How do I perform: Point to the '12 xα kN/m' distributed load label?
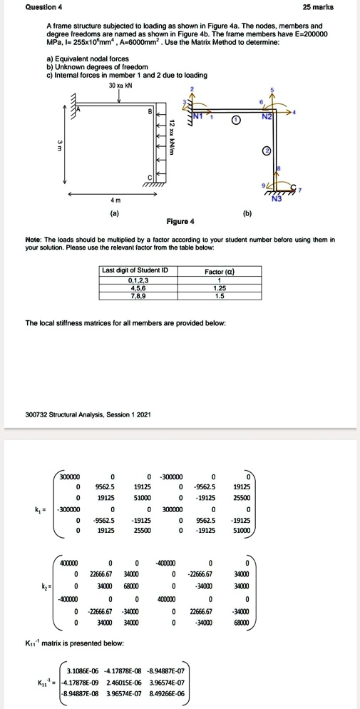[x=172, y=136]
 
